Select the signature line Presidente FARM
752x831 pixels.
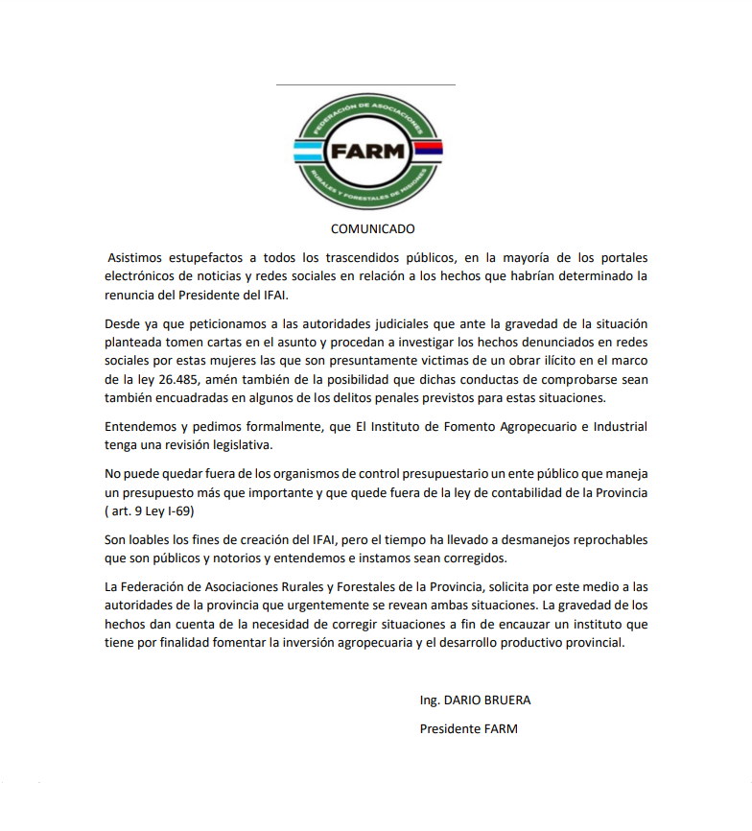click(468, 728)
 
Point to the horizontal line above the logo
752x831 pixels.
click(365, 84)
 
